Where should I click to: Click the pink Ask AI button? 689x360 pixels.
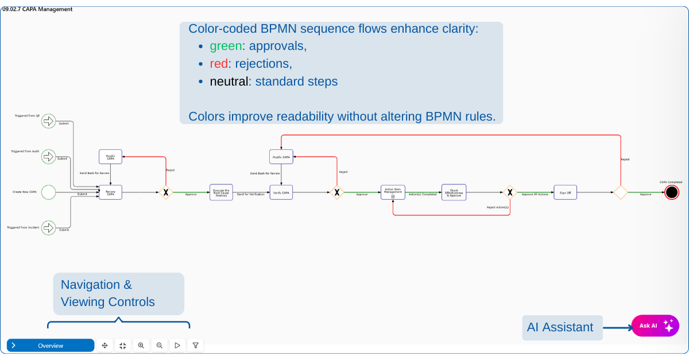click(x=655, y=326)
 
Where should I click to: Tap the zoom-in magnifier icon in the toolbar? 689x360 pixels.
click(x=141, y=346)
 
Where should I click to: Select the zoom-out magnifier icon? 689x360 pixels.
click(x=159, y=346)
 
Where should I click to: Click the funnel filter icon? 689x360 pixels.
click(x=196, y=346)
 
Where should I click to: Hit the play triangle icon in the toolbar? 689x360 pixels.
click(x=177, y=346)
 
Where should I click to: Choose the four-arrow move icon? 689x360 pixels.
click(x=104, y=346)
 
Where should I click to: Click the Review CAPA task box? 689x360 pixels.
click(x=110, y=192)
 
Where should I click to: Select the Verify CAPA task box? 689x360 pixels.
click(x=281, y=192)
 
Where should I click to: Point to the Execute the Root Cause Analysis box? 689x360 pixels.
click(x=221, y=192)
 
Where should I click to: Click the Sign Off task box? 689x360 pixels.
click(x=565, y=192)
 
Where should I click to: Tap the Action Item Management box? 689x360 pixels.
click(x=393, y=192)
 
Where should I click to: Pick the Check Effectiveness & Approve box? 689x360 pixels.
click(x=454, y=192)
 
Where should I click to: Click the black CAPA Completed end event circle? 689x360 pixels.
click(x=671, y=192)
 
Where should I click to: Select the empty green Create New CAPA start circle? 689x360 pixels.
click(x=49, y=192)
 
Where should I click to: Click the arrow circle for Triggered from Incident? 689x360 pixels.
click(x=49, y=227)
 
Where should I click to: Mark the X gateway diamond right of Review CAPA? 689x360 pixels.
click(x=165, y=192)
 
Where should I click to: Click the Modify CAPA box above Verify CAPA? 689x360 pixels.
click(x=281, y=157)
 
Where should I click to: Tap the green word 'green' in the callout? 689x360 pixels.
click(x=226, y=46)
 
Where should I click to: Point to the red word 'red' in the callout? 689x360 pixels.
click(x=219, y=64)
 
